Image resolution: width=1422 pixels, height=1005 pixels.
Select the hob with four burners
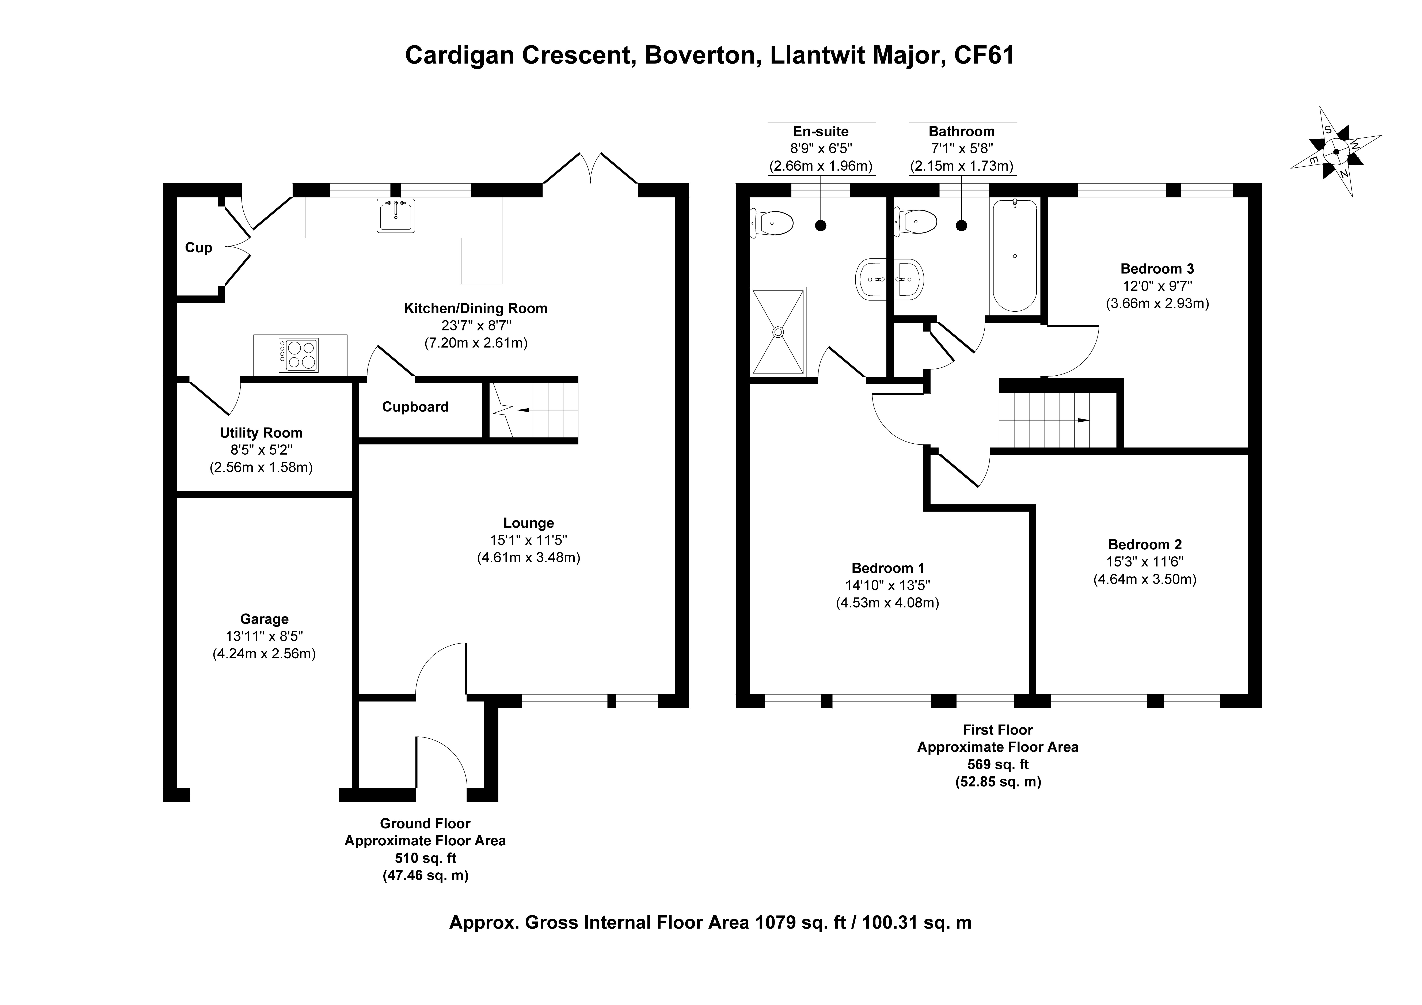299,355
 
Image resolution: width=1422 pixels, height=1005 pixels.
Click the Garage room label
265,619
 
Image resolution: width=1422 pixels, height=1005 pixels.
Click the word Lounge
528,523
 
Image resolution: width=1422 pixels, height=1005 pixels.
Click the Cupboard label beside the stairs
415,407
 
